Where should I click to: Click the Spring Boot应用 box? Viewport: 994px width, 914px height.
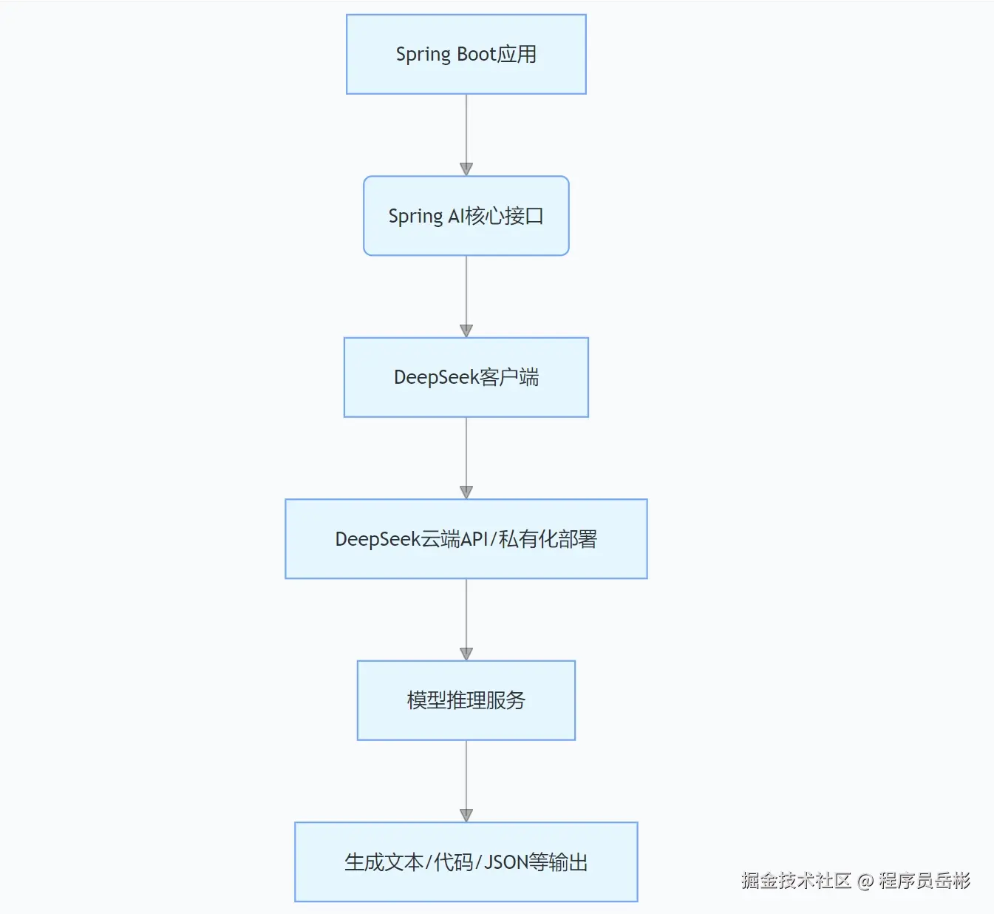(466, 54)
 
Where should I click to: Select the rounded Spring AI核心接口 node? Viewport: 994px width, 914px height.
(466, 216)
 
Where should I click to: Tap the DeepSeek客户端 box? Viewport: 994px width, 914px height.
(466, 377)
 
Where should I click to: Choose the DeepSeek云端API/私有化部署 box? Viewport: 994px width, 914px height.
(466, 539)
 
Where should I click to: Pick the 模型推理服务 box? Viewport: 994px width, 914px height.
(466, 700)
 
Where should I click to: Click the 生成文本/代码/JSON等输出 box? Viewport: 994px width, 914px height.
(466, 862)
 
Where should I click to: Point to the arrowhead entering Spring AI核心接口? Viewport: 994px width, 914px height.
(466, 169)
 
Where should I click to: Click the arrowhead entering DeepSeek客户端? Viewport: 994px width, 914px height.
(466, 331)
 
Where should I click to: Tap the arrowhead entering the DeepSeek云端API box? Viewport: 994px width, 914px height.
(466, 492)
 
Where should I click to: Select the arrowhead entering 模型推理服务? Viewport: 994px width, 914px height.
(466, 654)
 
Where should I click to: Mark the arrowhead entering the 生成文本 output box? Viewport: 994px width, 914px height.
(466, 815)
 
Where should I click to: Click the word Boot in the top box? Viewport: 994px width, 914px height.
(476, 54)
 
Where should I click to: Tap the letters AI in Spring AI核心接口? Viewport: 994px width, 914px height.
(456, 216)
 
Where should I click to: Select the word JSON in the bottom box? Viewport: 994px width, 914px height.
(506, 862)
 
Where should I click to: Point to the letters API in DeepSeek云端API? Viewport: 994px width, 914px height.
(474, 539)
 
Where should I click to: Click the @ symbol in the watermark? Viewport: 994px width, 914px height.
(865, 881)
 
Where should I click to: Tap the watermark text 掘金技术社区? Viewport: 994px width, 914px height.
(796, 881)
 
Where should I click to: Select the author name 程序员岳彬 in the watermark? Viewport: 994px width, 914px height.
(924, 881)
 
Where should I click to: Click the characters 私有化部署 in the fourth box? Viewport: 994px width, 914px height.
(548, 539)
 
